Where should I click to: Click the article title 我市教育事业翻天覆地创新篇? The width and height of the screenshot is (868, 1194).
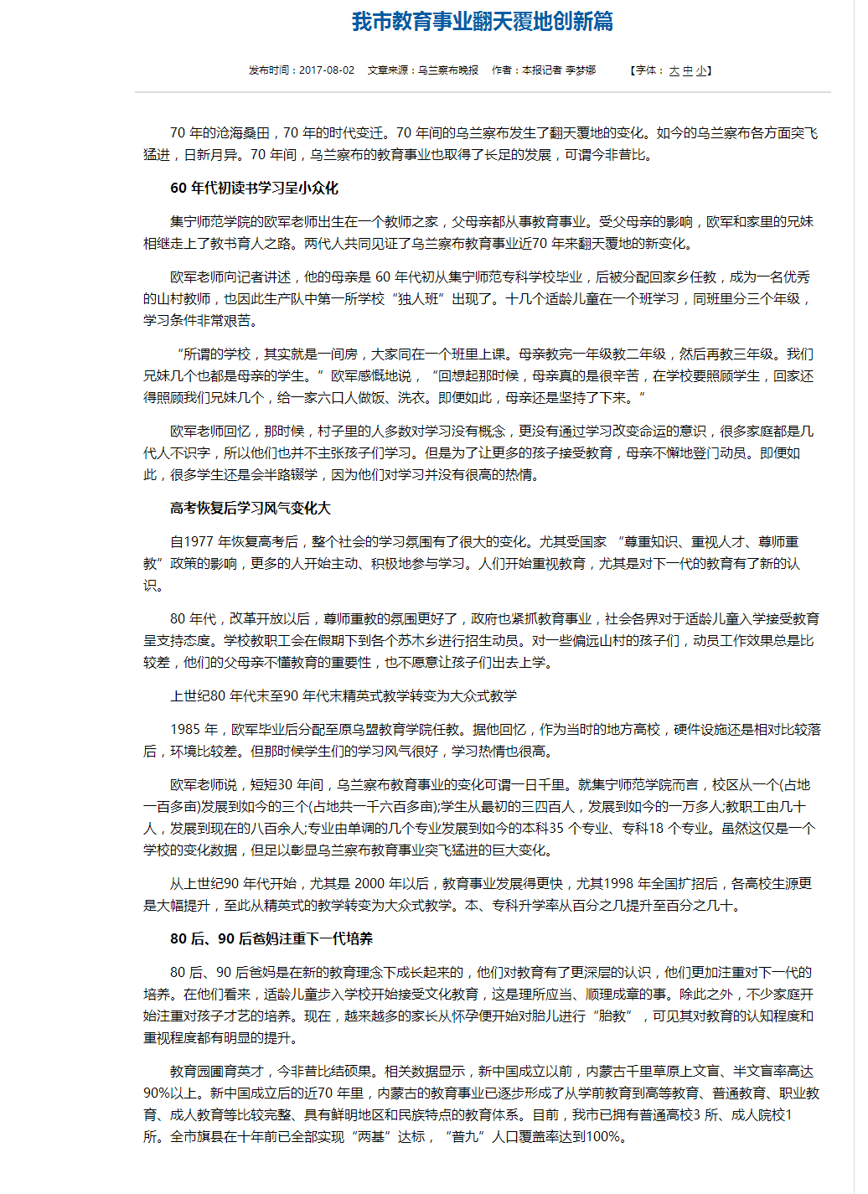pyautogui.click(x=482, y=21)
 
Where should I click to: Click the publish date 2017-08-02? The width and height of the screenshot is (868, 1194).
pyautogui.click(x=326, y=70)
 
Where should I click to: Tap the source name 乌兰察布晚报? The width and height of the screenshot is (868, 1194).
pyautogui.click(x=448, y=70)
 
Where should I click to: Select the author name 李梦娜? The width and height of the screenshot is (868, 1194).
pyautogui.click(x=580, y=70)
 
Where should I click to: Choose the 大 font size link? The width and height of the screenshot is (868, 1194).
pyautogui.click(x=674, y=71)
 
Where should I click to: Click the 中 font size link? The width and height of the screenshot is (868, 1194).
pyautogui.click(x=688, y=71)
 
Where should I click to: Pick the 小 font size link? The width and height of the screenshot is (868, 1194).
pyautogui.click(x=700, y=71)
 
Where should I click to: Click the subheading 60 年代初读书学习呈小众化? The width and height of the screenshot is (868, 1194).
pyautogui.click(x=254, y=188)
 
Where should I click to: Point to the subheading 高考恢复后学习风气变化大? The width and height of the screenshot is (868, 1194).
pyautogui.click(x=250, y=508)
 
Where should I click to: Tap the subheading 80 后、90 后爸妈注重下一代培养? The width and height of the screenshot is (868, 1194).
pyautogui.click(x=271, y=938)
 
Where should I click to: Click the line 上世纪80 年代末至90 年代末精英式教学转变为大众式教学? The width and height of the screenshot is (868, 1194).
pyautogui.click(x=344, y=695)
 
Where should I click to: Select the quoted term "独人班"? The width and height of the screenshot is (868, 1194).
pyautogui.click(x=416, y=299)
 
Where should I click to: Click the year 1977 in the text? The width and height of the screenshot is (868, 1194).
pyautogui.click(x=199, y=542)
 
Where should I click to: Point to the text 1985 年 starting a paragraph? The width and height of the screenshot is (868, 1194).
pyautogui.click(x=194, y=730)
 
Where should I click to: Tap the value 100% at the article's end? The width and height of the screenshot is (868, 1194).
pyautogui.click(x=604, y=1137)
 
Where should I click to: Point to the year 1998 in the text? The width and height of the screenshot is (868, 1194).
pyautogui.click(x=618, y=884)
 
